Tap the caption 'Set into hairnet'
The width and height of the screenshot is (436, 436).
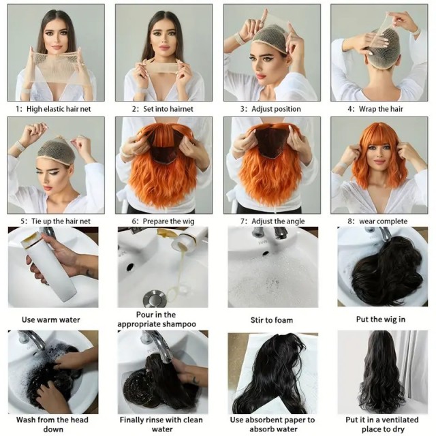coord(163,108)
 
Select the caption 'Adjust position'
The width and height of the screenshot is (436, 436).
coord(270,108)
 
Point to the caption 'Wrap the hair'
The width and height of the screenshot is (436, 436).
coord(379,108)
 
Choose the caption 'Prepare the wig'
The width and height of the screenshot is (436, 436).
coord(163,221)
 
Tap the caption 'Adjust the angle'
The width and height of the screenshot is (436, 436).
coord(270,221)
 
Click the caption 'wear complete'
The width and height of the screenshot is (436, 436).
coord(379,221)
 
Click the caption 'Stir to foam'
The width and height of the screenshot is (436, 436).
coord(270,319)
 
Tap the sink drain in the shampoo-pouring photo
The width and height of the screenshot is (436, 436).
coord(155,298)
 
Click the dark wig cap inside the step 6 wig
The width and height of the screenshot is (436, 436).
coord(162,151)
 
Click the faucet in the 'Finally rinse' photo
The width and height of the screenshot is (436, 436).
coord(153,341)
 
